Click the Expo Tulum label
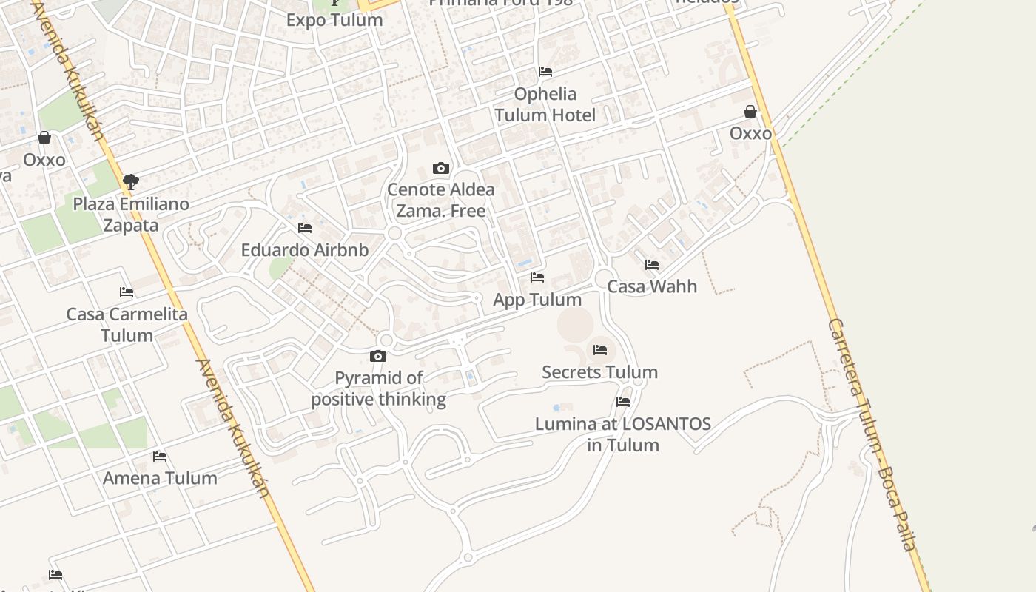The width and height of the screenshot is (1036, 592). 334,20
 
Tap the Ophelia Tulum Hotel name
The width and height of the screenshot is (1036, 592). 545,104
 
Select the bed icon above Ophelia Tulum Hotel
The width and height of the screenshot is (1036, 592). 545,72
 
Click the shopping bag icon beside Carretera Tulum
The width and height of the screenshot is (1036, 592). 750,112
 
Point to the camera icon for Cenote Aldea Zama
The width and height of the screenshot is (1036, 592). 441,169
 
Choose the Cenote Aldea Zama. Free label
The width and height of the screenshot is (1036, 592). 441,200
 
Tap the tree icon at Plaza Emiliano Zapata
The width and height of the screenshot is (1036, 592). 131,181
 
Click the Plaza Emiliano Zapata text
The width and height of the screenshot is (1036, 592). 131,214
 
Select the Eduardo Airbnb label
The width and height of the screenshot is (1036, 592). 305,250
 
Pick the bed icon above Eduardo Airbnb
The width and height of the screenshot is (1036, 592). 305,228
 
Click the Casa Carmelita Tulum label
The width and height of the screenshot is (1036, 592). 127,324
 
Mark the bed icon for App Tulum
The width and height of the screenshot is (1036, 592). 537,277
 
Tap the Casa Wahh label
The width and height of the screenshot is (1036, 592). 652,286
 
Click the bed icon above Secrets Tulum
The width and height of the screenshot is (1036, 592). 600,349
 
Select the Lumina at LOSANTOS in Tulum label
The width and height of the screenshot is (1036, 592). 623,434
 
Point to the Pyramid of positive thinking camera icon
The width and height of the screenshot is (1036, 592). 378,357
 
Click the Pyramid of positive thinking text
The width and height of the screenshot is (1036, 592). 379,388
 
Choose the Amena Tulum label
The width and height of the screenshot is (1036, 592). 160,478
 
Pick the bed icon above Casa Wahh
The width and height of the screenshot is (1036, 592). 652,264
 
